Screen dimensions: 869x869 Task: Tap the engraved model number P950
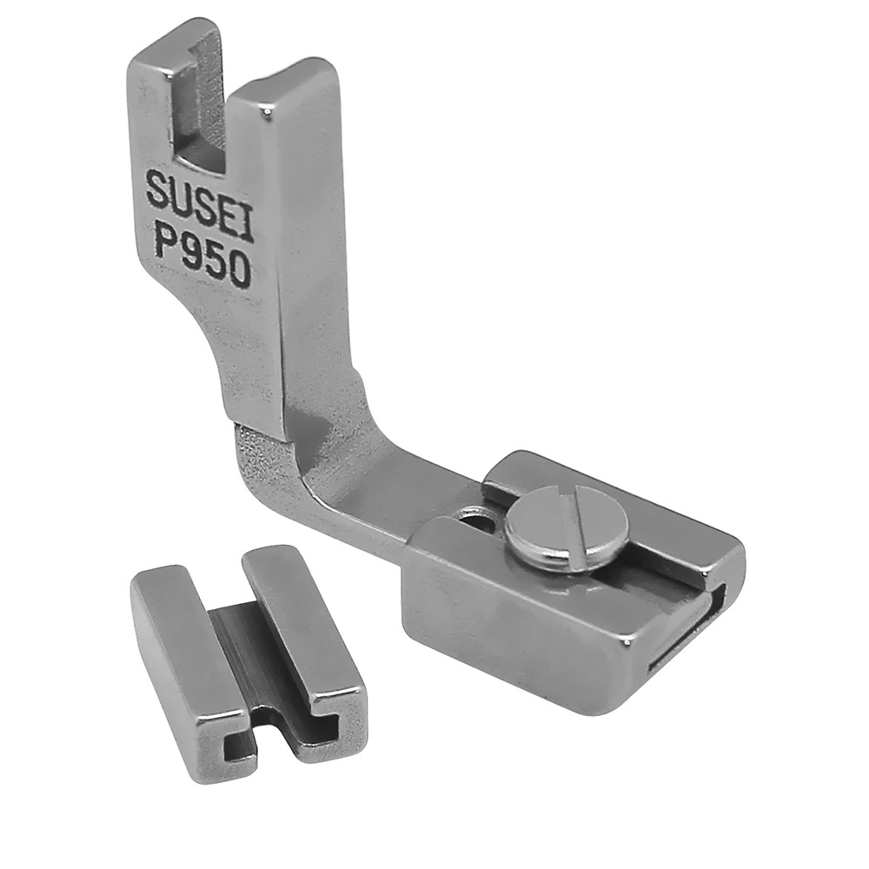(202, 253)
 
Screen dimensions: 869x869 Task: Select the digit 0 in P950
(235, 271)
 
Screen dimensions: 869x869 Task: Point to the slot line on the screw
(576, 515)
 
